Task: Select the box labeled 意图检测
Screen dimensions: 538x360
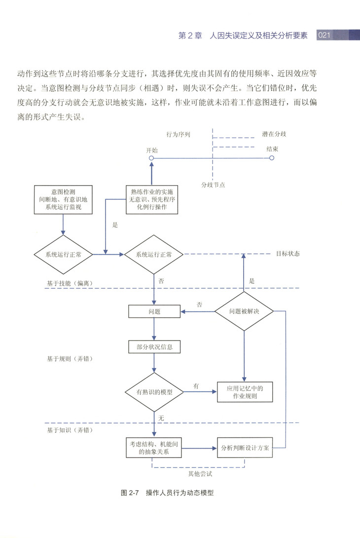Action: pos(63,199)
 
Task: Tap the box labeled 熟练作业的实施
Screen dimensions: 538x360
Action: pos(151,199)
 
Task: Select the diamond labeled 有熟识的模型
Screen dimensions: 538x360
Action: pos(154,392)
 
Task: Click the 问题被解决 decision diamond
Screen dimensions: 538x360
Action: pos(244,312)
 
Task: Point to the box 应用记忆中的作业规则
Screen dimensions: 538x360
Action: pos(245,392)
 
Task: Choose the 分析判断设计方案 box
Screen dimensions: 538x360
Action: pos(245,448)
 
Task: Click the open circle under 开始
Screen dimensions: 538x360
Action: pos(152,158)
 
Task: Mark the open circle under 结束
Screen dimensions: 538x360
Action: pos(272,158)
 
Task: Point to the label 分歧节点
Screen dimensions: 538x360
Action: pos(213,185)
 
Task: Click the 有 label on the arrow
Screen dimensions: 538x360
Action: pos(196,386)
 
